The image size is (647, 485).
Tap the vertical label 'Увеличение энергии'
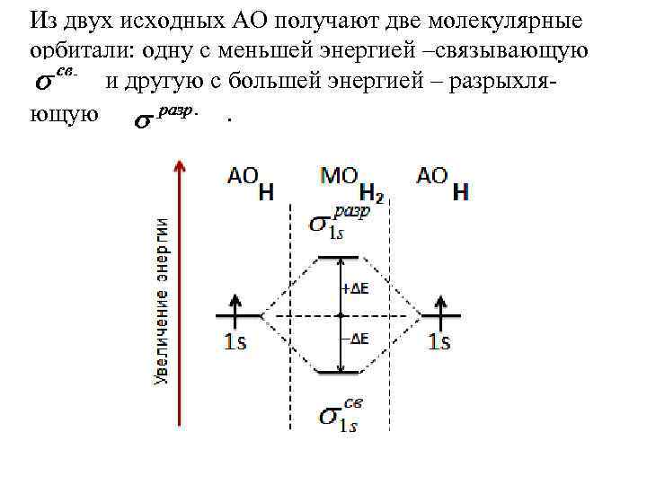click(162, 301)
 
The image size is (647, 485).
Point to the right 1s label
click(439, 341)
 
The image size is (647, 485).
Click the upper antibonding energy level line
click(340, 259)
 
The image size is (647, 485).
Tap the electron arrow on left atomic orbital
click(236, 305)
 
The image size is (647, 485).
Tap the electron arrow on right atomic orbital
click(439, 305)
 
